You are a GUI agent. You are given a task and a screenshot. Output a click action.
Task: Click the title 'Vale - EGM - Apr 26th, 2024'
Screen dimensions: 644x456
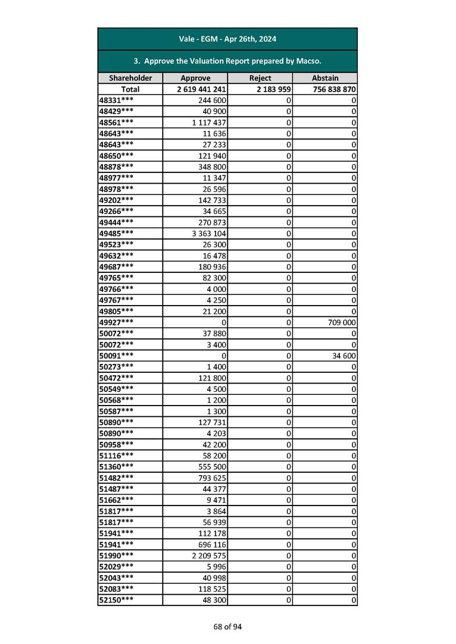[227, 39]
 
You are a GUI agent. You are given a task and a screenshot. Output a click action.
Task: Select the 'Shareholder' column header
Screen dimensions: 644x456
[130, 78]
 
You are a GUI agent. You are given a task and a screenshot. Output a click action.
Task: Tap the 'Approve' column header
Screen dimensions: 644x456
[195, 78]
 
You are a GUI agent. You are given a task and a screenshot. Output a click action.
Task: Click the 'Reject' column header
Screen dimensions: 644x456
[260, 78]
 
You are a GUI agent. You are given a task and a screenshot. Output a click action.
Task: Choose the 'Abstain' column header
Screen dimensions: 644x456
[325, 78]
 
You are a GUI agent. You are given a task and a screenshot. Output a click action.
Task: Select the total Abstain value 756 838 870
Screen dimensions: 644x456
[334, 89]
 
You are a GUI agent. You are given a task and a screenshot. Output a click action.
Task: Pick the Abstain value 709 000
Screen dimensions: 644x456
[339, 322]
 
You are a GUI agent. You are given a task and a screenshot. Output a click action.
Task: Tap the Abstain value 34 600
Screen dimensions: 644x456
[343, 356]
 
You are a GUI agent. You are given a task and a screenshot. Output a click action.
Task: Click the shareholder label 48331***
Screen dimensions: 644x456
[116, 100]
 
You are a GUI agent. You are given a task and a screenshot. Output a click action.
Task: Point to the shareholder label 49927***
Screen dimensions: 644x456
[116, 322]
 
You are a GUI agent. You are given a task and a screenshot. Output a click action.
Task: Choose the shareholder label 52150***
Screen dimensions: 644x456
[116, 600]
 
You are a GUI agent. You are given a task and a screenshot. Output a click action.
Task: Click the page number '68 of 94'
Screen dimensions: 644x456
[228, 627]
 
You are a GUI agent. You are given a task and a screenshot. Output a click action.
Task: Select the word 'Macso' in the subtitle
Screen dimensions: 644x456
[309, 61]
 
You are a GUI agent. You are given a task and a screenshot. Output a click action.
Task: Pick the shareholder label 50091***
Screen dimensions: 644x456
[116, 356]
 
